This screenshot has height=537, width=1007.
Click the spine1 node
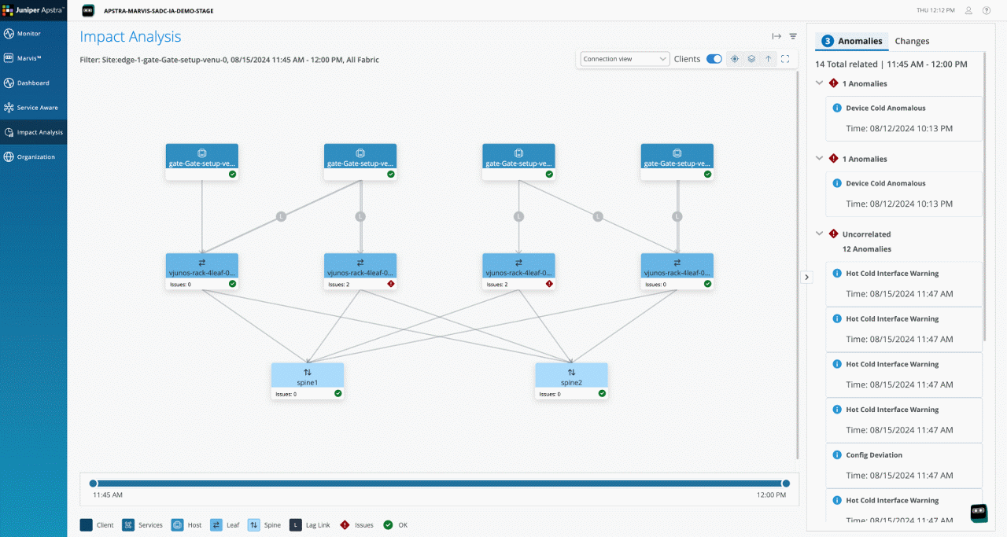(307, 381)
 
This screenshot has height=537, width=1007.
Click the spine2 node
(571, 381)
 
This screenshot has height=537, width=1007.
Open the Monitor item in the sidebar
(28, 34)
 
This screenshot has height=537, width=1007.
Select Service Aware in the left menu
(37, 108)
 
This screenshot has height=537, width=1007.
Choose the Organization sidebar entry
(35, 157)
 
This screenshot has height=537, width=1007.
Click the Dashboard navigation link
(32, 83)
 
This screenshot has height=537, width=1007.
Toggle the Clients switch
(714, 59)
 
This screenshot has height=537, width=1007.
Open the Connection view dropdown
(625, 59)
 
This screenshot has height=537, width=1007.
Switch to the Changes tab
(912, 41)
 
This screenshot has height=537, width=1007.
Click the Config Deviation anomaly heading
(874, 455)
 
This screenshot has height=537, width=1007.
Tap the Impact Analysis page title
(131, 37)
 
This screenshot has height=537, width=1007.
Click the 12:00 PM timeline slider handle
(785, 484)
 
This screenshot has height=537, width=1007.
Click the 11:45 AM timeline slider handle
(94, 484)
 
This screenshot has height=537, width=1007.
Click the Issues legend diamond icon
(345, 525)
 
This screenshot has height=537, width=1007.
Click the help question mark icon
(987, 10)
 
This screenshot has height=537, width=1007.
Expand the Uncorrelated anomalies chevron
(820, 234)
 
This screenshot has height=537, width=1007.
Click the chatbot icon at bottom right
(979, 513)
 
